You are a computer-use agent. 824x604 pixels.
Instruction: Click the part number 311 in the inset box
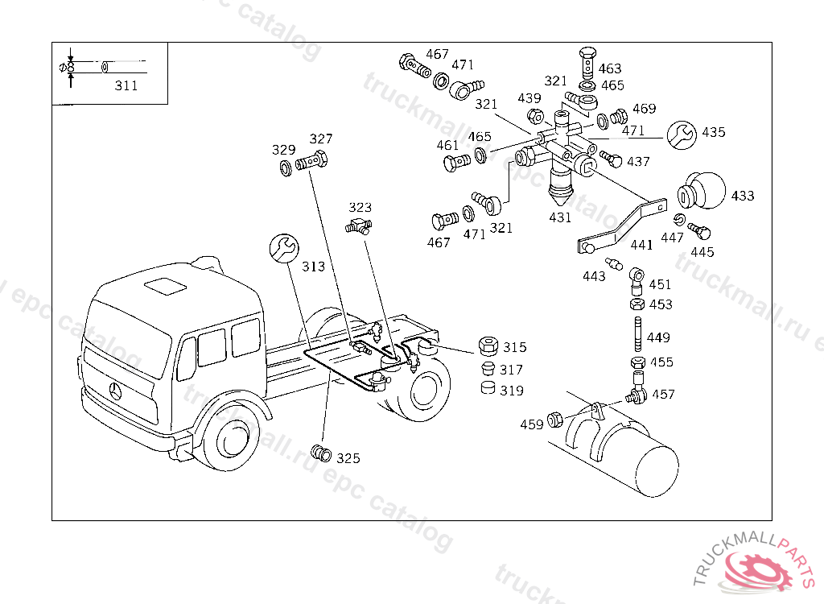(126, 85)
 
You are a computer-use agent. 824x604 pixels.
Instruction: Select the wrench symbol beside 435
(681, 134)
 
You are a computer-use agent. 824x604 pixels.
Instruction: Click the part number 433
(743, 196)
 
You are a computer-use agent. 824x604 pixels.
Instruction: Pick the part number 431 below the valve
(560, 217)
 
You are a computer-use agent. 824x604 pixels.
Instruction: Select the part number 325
(348, 458)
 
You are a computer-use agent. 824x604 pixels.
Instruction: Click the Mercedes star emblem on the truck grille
(117, 393)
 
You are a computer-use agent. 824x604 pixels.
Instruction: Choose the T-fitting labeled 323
(359, 226)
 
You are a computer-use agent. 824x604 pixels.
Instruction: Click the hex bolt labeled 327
(311, 162)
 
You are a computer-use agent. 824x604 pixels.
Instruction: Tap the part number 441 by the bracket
(641, 245)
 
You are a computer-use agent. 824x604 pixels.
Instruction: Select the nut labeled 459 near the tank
(554, 420)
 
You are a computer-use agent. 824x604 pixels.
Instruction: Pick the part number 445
(702, 252)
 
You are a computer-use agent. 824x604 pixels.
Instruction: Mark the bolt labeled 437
(612, 160)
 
